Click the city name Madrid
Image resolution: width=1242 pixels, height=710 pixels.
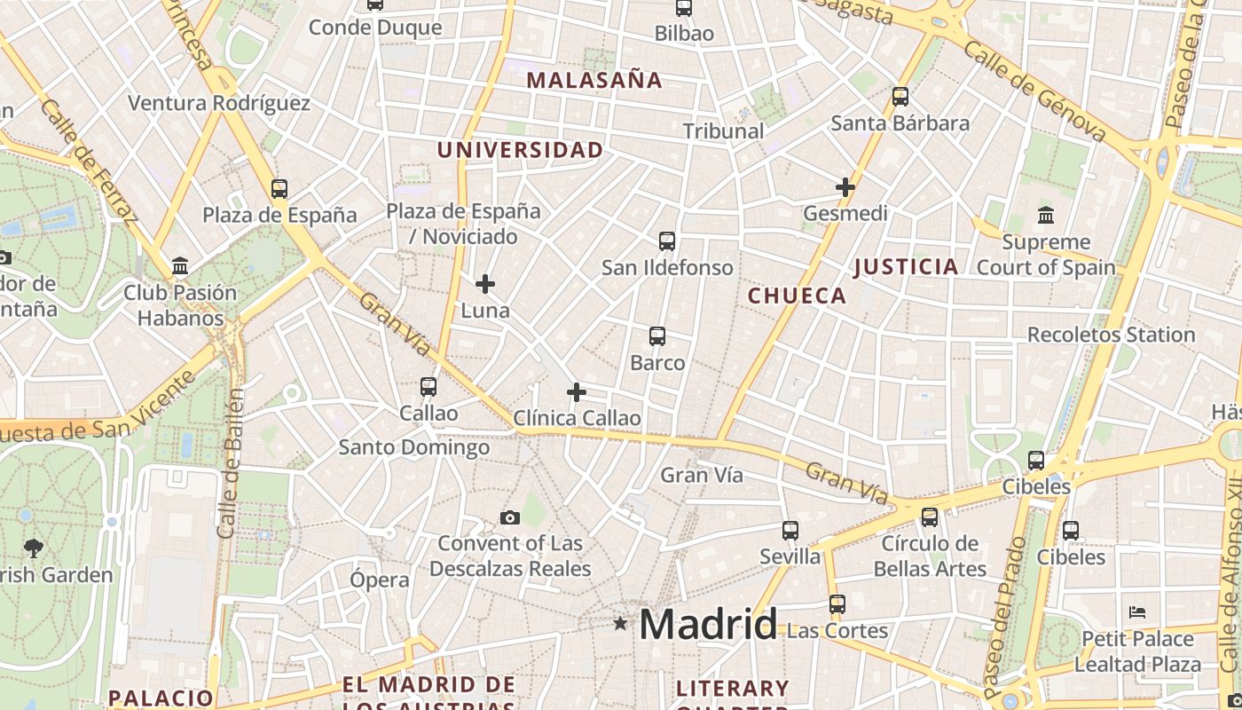[x=708, y=625]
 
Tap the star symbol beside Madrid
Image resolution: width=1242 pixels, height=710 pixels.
[x=620, y=624]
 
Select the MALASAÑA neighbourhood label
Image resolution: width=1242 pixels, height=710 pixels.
[x=594, y=80]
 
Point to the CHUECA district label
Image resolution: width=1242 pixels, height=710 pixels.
[x=797, y=296]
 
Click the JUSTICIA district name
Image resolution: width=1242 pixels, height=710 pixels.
[x=906, y=266]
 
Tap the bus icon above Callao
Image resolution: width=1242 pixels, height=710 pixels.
[x=428, y=387]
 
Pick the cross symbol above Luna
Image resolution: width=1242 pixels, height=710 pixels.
[x=485, y=284]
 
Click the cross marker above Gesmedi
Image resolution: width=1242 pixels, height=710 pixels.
[x=845, y=187]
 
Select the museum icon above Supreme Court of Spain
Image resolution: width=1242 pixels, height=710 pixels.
[x=1045, y=215]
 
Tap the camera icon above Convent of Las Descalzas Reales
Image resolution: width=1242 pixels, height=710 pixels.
[x=510, y=517]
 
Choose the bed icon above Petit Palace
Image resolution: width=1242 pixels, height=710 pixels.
[x=1137, y=612]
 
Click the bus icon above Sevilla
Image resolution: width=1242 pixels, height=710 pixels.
[x=790, y=531]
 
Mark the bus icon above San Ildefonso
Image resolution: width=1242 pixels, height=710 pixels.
[x=667, y=241]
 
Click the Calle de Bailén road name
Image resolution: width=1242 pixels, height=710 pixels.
[x=230, y=463]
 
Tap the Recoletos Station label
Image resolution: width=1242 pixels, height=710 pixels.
[x=1111, y=335]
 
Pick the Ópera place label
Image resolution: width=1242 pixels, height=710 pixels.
[x=380, y=580]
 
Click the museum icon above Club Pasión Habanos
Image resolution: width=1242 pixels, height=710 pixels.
[x=181, y=265]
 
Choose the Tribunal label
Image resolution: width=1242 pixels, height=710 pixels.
[x=723, y=130]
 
